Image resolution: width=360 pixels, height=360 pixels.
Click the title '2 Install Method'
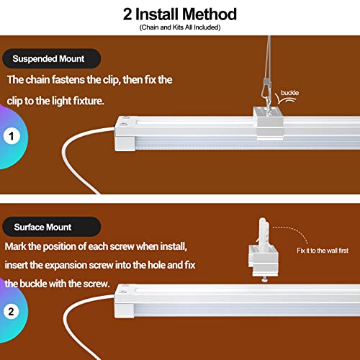[x=179, y=14]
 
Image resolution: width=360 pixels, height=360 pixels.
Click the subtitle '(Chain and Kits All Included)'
[x=179, y=27]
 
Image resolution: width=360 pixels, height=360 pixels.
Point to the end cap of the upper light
[x=127, y=135]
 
